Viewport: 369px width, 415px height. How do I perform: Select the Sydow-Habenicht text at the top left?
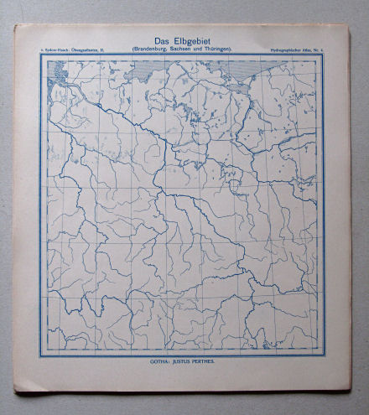pyautogui.click(x=60, y=51)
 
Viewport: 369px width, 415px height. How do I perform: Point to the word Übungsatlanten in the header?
pyautogui.click(x=90, y=51)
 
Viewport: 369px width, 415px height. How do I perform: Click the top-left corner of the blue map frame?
pyautogui.click(x=42, y=56)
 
